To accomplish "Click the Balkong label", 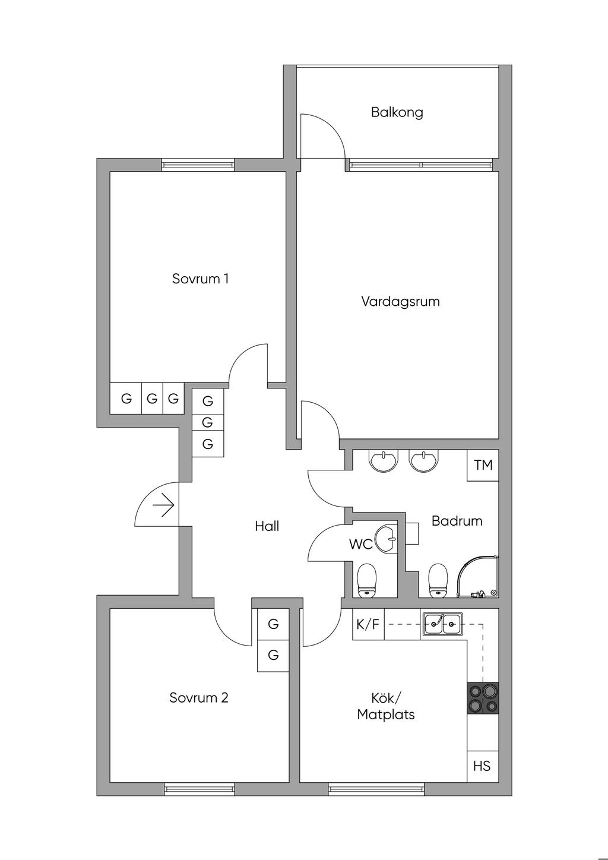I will (397, 112).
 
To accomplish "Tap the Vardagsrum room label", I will (400, 301).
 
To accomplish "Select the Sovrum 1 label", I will (200, 279).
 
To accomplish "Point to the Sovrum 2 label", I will (199, 697).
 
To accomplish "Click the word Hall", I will (267, 526).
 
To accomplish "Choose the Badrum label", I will (457, 521).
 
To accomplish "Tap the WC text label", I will (360, 543).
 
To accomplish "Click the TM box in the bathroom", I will (483, 465).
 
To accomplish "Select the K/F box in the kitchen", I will (368, 624).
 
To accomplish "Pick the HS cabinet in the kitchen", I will (482, 766).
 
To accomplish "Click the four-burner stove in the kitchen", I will (483, 698).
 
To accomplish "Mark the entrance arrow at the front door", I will (163, 506).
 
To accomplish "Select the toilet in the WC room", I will (368, 580).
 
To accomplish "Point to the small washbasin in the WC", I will (387, 539).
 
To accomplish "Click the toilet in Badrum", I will (438, 580).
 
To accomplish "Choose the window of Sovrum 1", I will (198, 165).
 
